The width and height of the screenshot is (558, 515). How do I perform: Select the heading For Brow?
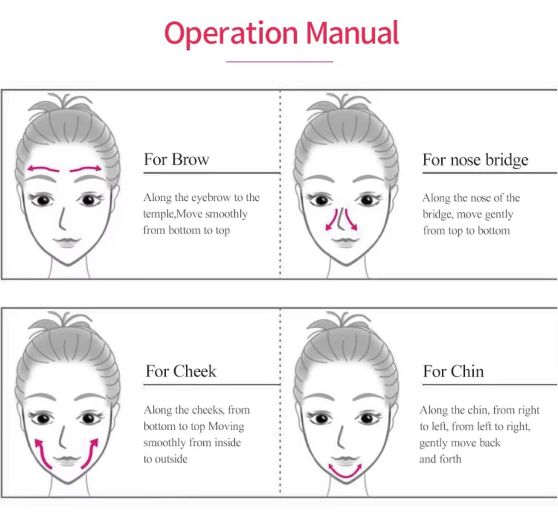click(x=177, y=159)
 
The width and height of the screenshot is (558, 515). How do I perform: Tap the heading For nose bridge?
click(x=475, y=160)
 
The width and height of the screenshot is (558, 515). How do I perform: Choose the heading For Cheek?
click(x=181, y=371)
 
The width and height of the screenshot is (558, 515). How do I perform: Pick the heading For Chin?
click(x=453, y=371)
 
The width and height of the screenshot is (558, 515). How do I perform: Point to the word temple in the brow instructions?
click(x=157, y=214)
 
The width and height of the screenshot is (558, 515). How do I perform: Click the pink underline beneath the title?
click(x=280, y=62)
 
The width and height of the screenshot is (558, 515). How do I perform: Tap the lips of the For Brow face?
click(x=67, y=242)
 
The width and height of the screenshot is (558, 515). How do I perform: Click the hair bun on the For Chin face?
click(x=343, y=320)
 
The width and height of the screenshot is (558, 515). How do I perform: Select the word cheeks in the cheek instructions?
click(x=208, y=410)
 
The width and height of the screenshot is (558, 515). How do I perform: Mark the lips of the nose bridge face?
click(x=344, y=242)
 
